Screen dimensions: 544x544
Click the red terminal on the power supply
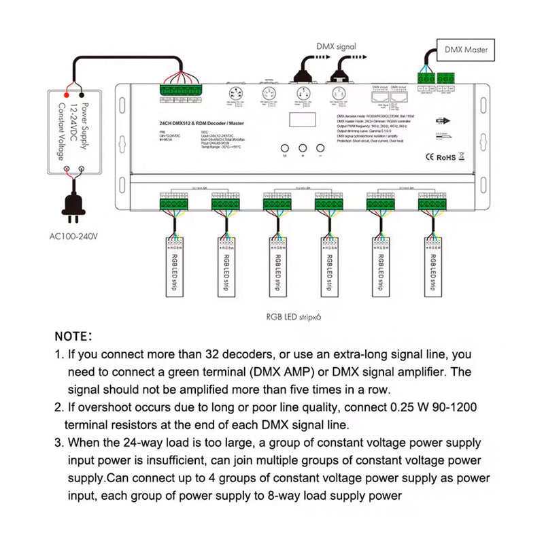coord(68,95)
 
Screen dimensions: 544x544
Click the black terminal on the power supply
coord(82,95)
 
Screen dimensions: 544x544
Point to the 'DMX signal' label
coord(336,47)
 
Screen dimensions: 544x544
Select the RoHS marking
coord(445,156)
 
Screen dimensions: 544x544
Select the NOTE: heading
coord(78,337)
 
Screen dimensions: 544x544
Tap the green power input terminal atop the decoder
coord(180,90)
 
